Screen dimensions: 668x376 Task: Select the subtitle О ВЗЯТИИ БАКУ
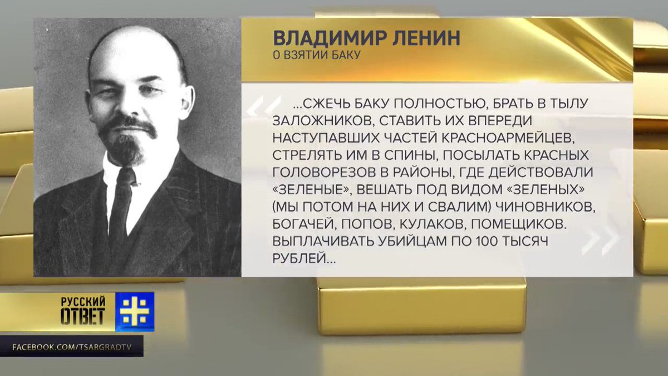click(317, 55)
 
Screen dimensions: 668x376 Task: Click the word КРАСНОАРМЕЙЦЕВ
click(507, 138)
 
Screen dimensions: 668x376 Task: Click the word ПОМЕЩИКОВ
click(519, 224)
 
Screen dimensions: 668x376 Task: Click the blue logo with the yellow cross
click(135, 311)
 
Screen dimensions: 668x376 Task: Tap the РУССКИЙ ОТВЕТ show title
click(83, 311)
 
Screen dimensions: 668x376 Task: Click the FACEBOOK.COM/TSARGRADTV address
click(72, 348)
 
